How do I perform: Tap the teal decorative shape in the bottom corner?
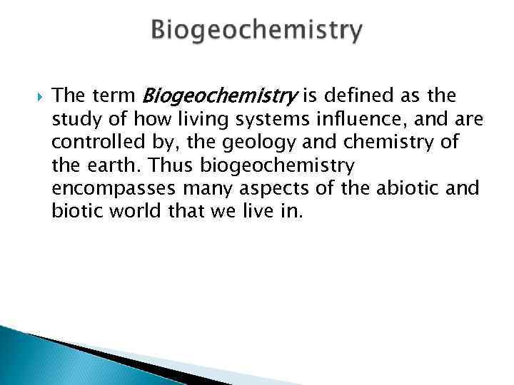[x=29, y=356]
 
